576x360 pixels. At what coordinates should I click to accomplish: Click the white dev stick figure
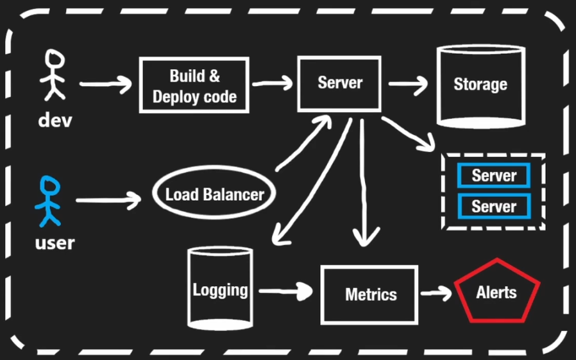(53, 76)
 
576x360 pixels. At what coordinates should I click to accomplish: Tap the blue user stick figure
(49, 201)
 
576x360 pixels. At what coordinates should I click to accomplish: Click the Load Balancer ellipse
(214, 194)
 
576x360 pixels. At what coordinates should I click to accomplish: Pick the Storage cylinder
(480, 84)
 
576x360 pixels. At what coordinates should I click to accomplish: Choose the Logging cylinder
(220, 289)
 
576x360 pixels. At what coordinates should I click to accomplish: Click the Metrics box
(370, 295)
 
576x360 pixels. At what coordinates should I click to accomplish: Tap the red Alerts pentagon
(496, 293)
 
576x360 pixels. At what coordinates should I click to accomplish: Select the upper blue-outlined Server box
(493, 175)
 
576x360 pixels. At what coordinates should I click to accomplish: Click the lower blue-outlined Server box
(493, 206)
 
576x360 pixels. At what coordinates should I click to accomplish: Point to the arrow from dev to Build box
(105, 83)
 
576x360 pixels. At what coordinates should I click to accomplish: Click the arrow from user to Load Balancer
(108, 200)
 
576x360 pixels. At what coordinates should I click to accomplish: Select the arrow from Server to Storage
(408, 83)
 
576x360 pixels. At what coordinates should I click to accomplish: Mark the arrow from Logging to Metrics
(285, 291)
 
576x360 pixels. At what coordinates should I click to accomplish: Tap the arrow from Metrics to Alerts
(437, 293)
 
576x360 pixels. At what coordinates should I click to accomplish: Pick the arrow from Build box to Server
(272, 83)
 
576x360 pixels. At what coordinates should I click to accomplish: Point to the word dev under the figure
(55, 120)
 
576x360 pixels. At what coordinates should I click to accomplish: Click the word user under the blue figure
(55, 243)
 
